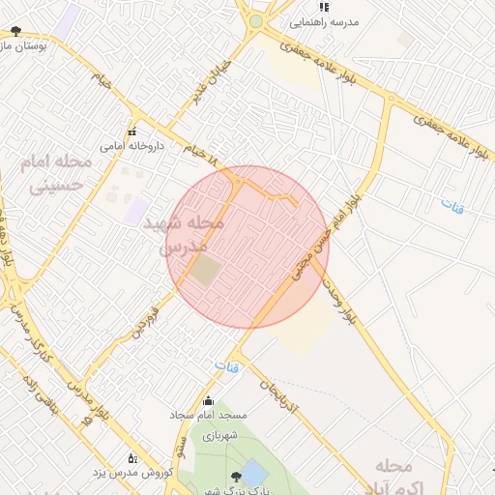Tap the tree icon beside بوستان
[x=13, y=31]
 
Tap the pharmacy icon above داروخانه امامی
[x=132, y=131]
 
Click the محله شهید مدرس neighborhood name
[x=184, y=234]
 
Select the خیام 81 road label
[x=198, y=151]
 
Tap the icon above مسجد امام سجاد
[x=208, y=400]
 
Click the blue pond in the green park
[x=253, y=474]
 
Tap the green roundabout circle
[x=255, y=20]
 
